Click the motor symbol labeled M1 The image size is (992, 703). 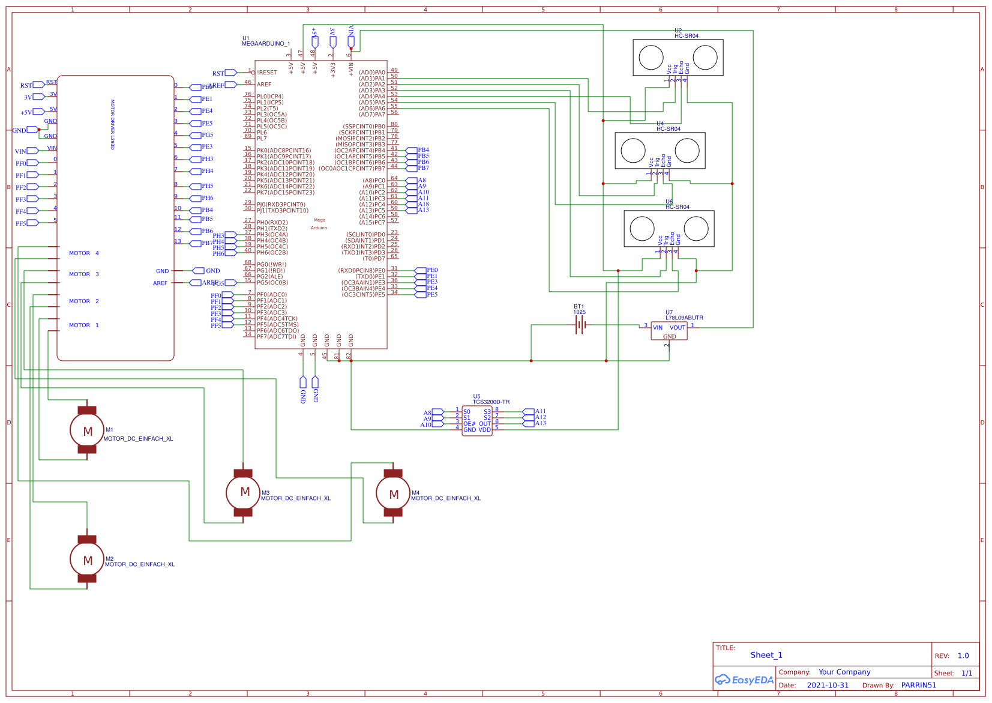87,430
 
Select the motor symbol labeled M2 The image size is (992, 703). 87,560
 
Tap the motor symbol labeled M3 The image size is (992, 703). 243,492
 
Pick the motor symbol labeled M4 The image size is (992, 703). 393,493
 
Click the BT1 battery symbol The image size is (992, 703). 580,325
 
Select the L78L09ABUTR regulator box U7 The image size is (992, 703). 669,331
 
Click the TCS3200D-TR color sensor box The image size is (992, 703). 477,421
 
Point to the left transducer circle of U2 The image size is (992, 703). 651,58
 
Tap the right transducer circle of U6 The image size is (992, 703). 696,229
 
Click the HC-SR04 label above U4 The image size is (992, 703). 669,129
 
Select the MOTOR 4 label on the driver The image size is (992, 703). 84,253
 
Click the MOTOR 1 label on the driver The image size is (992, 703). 84,325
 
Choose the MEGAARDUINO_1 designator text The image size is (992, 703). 266,44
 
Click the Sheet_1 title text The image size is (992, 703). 766,655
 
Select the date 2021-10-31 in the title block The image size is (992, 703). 828,685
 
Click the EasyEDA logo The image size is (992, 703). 744,680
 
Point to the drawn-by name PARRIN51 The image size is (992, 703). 918,685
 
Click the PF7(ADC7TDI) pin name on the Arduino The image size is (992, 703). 277,337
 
